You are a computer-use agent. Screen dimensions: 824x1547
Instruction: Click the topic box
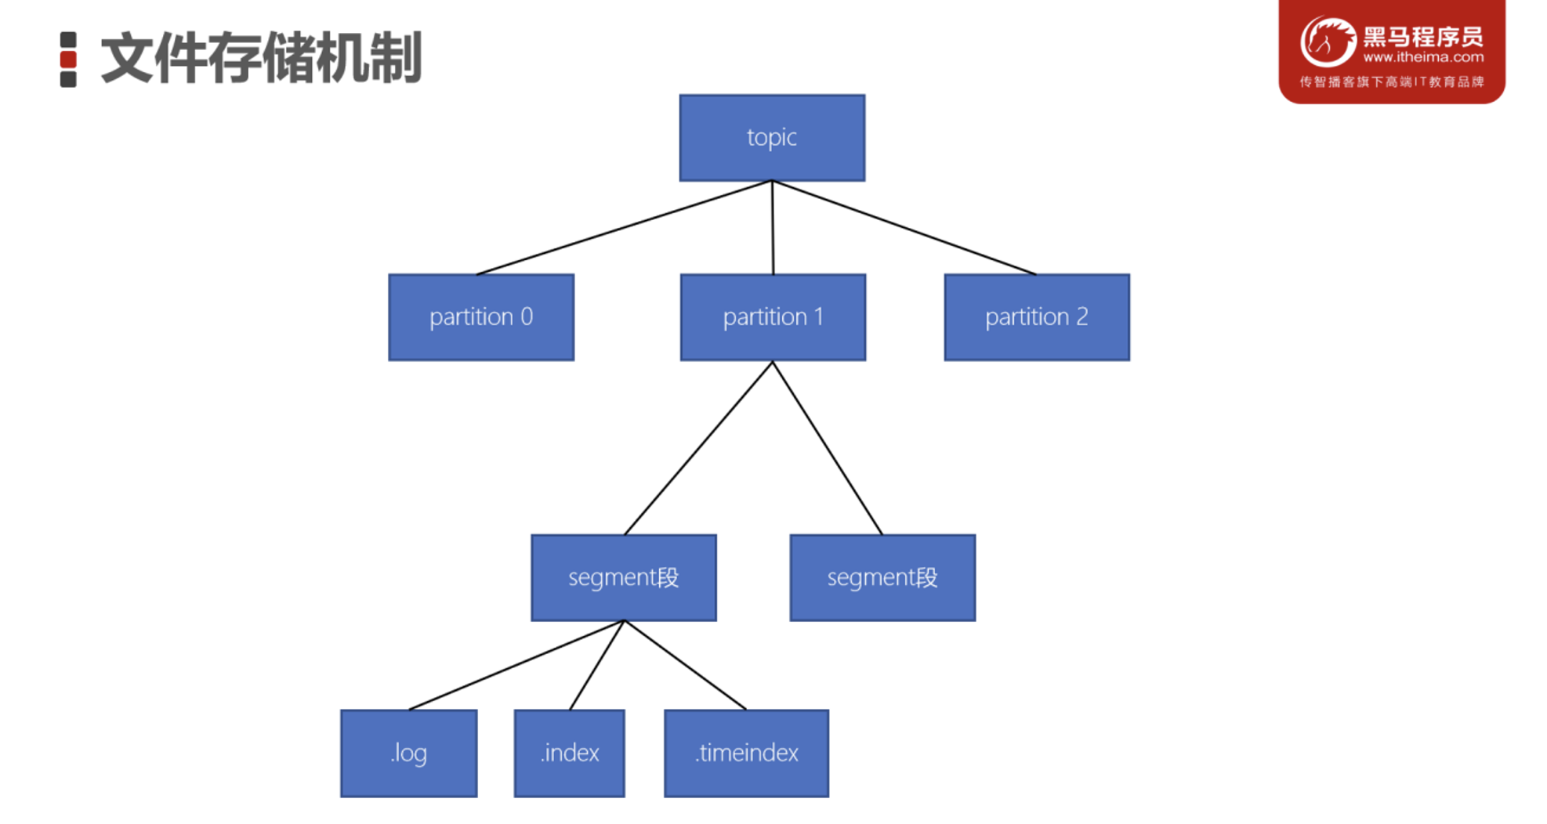(x=772, y=138)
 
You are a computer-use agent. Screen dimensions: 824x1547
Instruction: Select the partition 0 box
(x=481, y=317)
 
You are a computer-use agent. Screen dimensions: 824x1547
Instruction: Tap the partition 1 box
(x=773, y=317)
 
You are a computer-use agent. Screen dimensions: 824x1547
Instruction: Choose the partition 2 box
(x=1037, y=317)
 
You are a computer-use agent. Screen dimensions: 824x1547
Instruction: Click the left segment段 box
(x=624, y=578)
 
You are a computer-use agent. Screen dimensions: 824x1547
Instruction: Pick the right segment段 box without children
(x=882, y=578)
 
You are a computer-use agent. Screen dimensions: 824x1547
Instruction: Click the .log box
(x=409, y=754)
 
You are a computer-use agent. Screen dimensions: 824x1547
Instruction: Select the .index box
(x=570, y=754)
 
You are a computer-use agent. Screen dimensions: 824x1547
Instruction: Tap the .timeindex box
(x=746, y=754)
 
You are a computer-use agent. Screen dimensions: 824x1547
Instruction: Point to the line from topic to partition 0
(x=625, y=228)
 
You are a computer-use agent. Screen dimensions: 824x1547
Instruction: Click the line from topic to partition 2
(x=904, y=228)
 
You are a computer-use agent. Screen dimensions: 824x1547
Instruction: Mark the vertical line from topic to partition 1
(x=773, y=228)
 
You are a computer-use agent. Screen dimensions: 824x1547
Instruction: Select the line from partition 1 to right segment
(x=828, y=448)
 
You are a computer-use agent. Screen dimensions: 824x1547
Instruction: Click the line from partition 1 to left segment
(x=698, y=448)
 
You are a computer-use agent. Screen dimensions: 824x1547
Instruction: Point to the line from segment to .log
(x=517, y=665)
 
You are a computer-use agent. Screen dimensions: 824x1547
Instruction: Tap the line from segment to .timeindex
(x=686, y=665)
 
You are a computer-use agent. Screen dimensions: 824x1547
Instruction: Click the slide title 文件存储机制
(x=262, y=59)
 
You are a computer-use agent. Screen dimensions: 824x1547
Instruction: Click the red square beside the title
(x=68, y=60)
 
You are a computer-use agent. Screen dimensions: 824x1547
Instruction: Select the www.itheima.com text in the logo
(x=1423, y=57)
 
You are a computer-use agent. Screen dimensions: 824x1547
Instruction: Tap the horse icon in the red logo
(x=1328, y=42)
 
